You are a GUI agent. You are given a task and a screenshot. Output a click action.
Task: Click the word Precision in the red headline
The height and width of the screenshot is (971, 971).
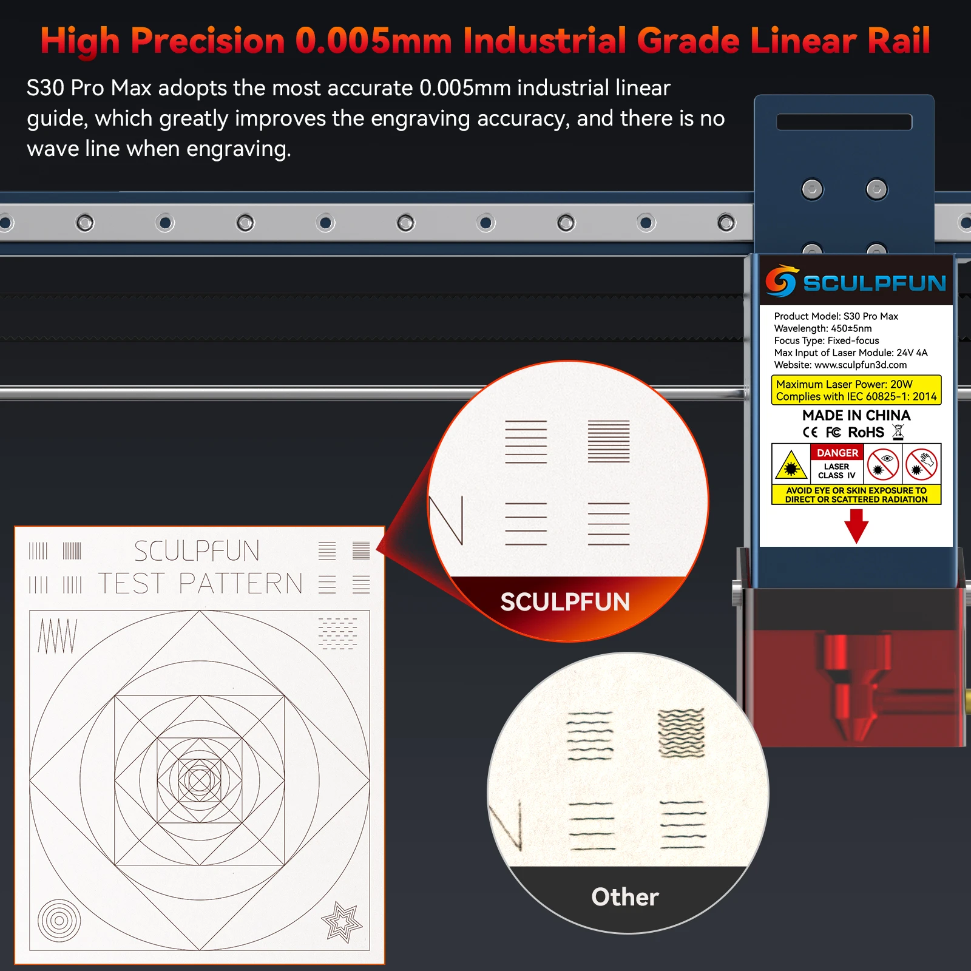point(208,41)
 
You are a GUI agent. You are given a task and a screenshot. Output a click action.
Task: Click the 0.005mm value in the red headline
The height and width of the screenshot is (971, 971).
point(373,41)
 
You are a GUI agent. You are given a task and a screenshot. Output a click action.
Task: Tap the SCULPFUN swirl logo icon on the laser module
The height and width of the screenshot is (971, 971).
point(781,281)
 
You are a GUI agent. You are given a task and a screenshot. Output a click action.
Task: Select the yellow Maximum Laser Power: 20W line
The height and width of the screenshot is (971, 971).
point(844,384)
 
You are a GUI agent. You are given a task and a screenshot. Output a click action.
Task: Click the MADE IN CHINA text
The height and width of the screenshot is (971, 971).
point(856,415)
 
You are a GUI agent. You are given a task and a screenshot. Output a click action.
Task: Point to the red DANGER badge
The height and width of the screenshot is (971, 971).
point(837,453)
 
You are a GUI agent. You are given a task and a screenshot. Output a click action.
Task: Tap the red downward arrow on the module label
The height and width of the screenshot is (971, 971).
point(856,526)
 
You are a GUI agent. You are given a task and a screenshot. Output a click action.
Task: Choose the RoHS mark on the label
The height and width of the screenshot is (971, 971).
point(866,432)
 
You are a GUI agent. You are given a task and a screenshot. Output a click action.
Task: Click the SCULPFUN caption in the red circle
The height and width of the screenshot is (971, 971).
point(565,602)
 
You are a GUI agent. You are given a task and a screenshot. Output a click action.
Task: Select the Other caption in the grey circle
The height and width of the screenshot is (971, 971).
point(625,897)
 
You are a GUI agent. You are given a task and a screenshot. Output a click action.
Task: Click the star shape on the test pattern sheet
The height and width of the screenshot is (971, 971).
point(342,922)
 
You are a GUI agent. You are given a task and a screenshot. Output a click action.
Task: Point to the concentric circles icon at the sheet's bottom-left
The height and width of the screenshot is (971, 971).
point(59,921)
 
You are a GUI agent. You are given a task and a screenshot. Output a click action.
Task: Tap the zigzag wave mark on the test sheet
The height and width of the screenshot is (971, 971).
point(58,636)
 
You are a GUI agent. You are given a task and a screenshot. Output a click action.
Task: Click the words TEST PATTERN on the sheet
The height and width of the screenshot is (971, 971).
point(200,584)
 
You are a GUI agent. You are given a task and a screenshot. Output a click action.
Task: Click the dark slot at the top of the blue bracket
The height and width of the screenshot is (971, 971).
point(844,122)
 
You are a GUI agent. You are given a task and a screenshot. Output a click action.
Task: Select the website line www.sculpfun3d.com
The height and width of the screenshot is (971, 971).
point(840,365)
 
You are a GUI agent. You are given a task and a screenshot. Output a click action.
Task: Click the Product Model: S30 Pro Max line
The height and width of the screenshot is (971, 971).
point(836,316)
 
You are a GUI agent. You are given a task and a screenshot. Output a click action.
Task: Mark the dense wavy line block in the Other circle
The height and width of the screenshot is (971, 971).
point(682,733)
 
